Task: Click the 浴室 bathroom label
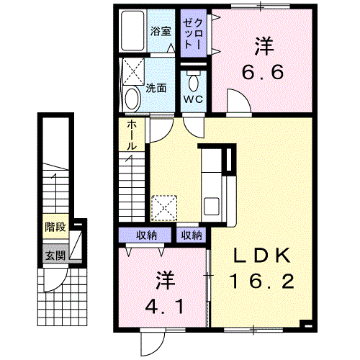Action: pos(161,31)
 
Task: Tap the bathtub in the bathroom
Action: pos(132,31)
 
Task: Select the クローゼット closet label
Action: pos(193,34)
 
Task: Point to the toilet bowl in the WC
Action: pos(194,81)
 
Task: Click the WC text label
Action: pos(194,99)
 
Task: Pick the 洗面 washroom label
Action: pos(156,89)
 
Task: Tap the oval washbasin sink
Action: pos(132,99)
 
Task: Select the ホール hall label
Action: pos(132,135)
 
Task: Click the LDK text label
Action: pos(262,256)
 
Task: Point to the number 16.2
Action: pos(262,282)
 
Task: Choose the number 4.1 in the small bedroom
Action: pos(165,307)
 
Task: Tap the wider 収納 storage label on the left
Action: pos(146,235)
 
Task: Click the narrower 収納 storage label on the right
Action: pos(192,235)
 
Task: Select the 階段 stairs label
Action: pos(55,227)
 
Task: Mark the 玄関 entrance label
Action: pos(55,256)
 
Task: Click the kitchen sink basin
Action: pos(212,206)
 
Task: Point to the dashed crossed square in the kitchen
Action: pos(164,208)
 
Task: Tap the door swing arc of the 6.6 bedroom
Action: pos(243,95)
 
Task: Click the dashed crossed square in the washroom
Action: pos(133,71)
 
